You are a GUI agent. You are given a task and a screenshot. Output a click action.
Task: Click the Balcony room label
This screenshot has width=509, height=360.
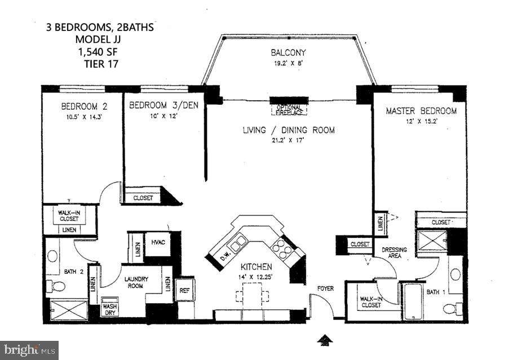[288, 53]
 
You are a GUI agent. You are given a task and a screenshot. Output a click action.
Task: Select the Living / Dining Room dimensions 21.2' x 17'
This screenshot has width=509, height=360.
[288, 141]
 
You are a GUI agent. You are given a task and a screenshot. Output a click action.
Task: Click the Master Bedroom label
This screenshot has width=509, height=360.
[421, 111]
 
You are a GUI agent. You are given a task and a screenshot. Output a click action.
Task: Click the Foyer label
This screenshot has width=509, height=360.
[325, 288]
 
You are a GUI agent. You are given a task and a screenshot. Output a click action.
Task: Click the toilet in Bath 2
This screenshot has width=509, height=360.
[56, 286]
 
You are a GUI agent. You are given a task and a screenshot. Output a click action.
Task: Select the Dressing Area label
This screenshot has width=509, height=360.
[394, 253]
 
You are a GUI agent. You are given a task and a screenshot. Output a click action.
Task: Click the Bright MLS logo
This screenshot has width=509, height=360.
[29, 350]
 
